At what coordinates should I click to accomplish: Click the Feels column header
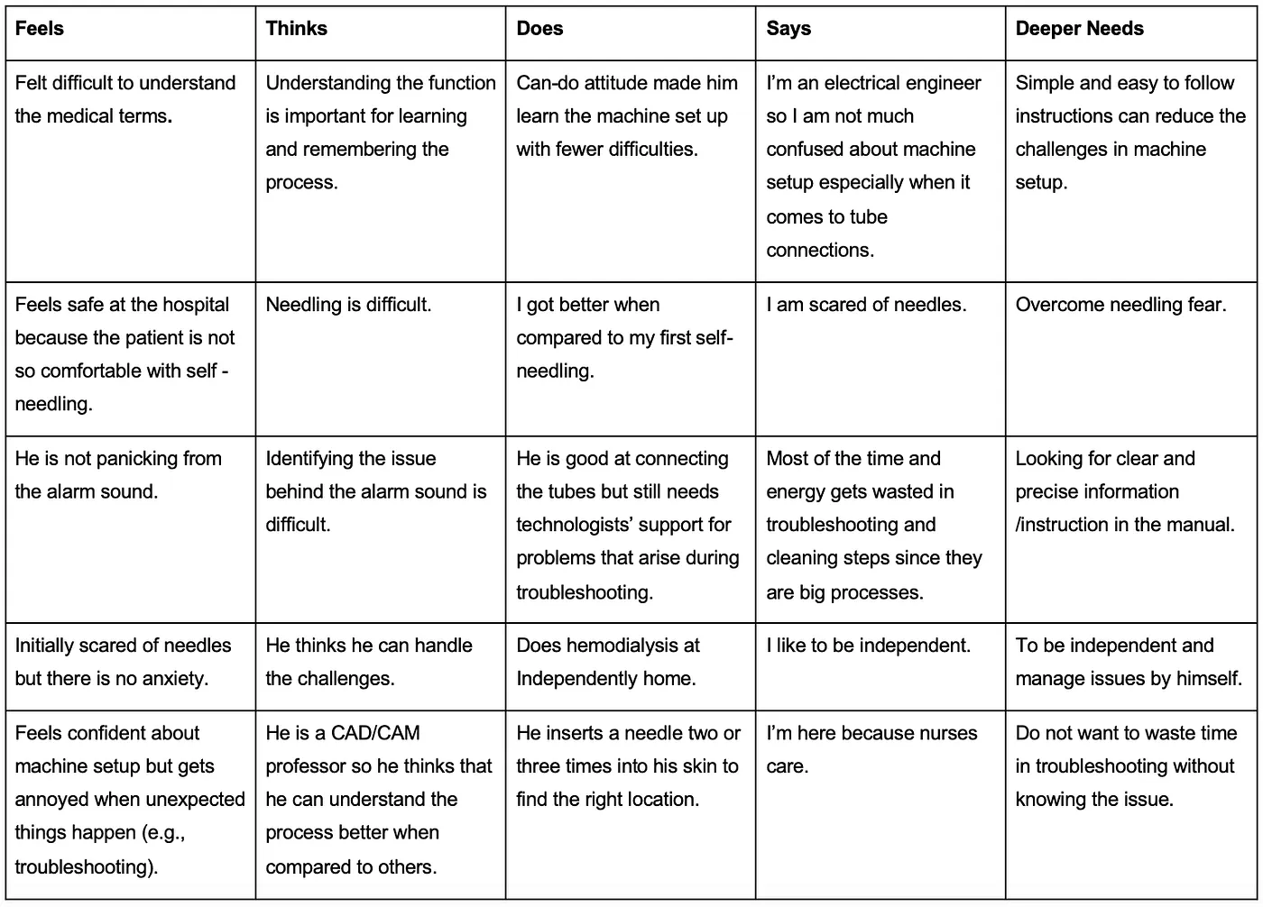[40, 29]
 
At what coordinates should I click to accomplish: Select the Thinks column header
[296, 29]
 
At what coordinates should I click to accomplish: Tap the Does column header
[539, 29]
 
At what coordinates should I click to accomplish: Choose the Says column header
[788, 29]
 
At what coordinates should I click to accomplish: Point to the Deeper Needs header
[1079, 29]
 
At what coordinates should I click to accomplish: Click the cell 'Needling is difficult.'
[348, 306]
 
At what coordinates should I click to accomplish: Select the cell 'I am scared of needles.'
[866, 306]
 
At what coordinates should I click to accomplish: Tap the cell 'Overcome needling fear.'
[1120, 306]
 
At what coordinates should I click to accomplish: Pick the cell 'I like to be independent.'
[868, 646]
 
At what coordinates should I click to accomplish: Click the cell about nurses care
[871, 749]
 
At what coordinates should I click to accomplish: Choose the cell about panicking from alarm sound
[118, 475]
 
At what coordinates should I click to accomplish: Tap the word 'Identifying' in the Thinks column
[310, 459]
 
